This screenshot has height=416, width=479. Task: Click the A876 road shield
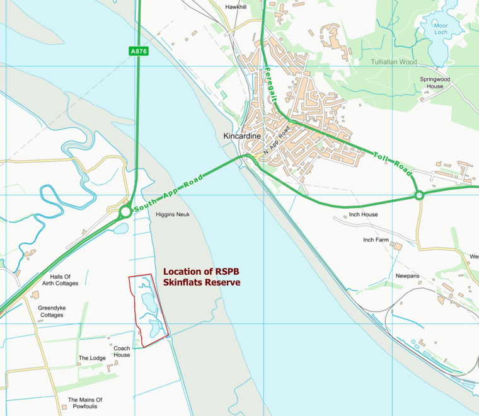(139, 52)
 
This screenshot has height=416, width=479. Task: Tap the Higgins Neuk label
(172, 214)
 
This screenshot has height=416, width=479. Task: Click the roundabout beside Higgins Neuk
(125, 212)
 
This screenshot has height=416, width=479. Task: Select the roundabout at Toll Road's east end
(419, 196)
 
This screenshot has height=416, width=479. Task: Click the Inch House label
(363, 214)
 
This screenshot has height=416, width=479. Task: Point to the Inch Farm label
(376, 240)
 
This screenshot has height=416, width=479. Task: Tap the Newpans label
(407, 276)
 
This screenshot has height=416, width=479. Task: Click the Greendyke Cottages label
(52, 311)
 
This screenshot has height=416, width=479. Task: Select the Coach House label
(122, 351)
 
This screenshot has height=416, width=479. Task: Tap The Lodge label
(92, 358)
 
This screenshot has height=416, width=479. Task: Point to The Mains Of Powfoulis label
(85, 403)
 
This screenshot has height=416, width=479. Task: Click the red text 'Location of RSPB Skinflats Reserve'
(202, 277)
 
